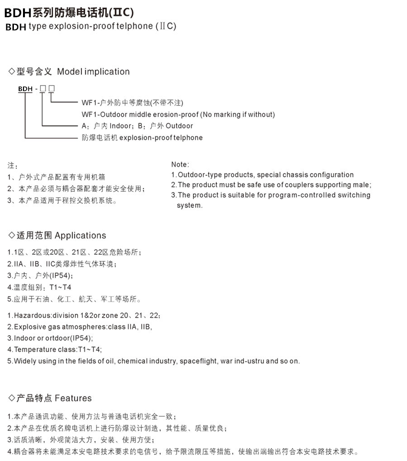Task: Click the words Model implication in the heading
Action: click(93, 72)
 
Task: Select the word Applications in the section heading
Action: click(80, 236)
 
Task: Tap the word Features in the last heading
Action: click(73, 398)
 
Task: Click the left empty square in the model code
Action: click(43, 89)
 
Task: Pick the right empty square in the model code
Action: click(52, 89)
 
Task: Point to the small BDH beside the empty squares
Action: click(25, 89)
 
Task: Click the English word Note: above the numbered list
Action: click(180, 164)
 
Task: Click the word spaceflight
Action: click(198, 361)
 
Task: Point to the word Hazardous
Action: click(33, 316)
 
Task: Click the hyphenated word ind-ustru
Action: click(248, 361)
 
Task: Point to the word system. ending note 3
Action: click(190, 205)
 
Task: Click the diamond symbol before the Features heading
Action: click(12, 398)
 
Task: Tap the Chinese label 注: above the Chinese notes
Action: click(12, 165)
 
